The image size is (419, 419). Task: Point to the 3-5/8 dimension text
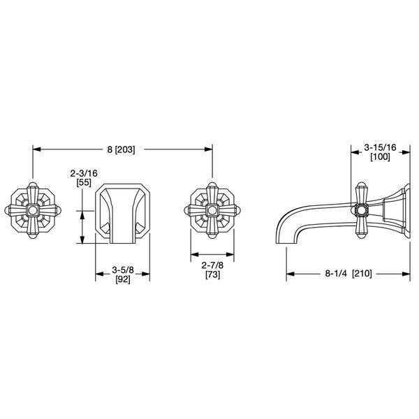pyautogui.click(x=122, y=266)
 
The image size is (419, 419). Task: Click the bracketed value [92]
pyautogui.click(x=122, y=277)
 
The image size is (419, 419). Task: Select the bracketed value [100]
pyautogui.click(x=381, y=159)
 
